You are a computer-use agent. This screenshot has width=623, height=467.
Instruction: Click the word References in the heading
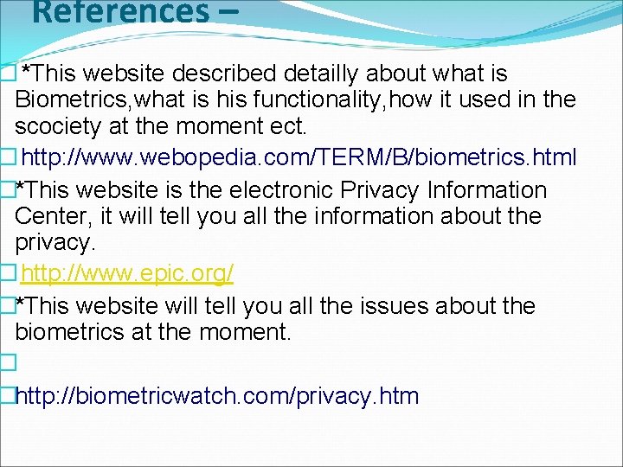point(113,12)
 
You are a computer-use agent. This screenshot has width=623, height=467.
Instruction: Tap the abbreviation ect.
point(285,126)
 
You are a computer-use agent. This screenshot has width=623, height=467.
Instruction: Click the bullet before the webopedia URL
point(9,157)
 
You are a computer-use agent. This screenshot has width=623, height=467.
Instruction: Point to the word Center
point(52,216)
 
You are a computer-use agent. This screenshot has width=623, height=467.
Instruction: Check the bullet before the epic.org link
point(9,274)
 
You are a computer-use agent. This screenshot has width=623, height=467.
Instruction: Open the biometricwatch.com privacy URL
point(217,397)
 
